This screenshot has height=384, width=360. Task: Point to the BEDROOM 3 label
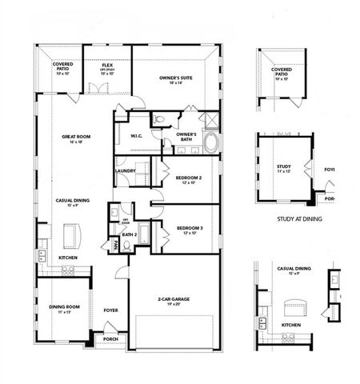[x=190, y=230]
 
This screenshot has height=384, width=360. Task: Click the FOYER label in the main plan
[x=110, y=310]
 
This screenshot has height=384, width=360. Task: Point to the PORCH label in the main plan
[x=110, y=339]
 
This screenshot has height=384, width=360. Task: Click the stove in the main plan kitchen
[x=67, y=271]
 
